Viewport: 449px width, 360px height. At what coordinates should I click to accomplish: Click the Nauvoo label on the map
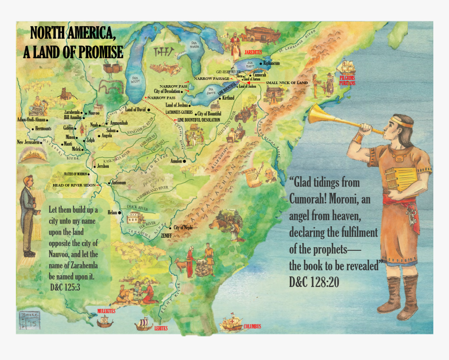point(94,112)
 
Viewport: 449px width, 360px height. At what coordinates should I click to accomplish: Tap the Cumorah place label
point(259,75)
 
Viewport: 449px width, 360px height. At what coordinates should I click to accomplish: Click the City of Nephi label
point(183,228)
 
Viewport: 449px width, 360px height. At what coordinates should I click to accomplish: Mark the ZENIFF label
point(166,236)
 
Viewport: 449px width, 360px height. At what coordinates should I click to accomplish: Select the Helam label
point(112,213)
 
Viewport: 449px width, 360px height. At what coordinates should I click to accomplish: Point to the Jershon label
point(102,166)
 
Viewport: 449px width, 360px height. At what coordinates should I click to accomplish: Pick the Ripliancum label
point(271,63)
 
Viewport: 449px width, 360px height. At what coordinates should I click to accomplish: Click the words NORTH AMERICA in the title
point(73,33)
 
